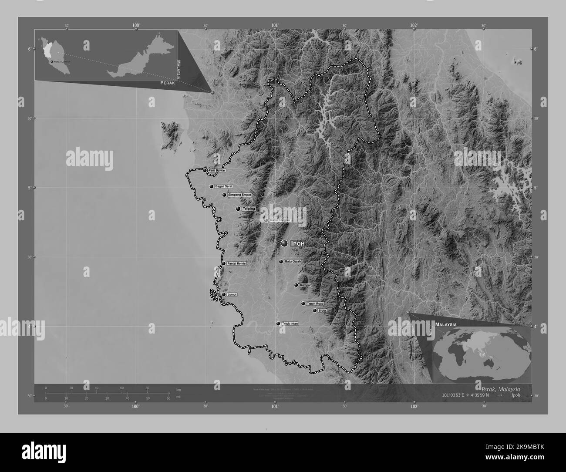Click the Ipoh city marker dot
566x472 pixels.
click(284, 243)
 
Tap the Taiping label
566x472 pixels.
click(249, 209)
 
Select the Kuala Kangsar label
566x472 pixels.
click(280, 220)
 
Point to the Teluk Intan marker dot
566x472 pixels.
click(278, 324)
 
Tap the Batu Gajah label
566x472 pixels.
click(293, 262)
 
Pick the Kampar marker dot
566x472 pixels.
click(296, 285)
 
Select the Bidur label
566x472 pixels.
click(322, 310)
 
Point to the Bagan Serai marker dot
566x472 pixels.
click(212, 186)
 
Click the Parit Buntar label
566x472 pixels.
click(217, 170)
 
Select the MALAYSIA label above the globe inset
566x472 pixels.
click(445, 325)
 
